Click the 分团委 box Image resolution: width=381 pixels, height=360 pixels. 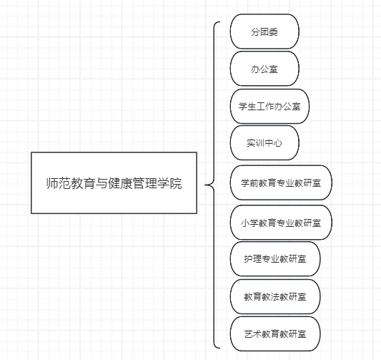264,31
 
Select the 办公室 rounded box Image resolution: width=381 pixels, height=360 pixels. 264,69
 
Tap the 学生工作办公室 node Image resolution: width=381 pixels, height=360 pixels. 269,107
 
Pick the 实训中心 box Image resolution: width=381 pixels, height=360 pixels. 264,143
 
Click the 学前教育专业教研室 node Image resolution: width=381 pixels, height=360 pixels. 281,183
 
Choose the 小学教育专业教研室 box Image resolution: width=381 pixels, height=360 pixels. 281,223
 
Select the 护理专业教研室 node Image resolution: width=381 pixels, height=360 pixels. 275,259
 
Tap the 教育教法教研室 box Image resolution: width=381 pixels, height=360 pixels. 275,296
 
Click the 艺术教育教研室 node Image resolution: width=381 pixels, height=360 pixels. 275,334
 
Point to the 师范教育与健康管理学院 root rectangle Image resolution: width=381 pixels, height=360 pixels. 114,183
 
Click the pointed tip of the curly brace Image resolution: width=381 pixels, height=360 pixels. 205,185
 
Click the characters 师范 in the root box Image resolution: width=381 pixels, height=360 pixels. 59,183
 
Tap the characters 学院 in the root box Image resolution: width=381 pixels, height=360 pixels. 169,183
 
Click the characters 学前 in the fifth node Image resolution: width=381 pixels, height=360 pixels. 249,183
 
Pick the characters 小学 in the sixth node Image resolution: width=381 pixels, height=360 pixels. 249,223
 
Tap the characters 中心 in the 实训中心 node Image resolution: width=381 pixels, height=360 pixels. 273,143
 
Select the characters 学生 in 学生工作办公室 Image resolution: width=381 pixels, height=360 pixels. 247,107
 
